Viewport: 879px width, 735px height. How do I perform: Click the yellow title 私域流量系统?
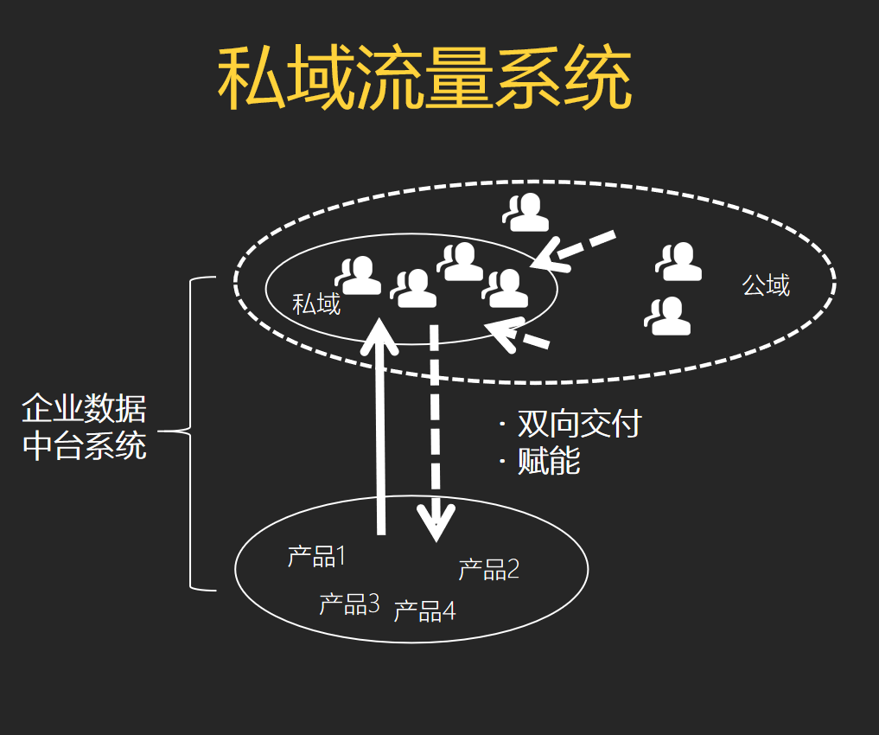click(424, 79)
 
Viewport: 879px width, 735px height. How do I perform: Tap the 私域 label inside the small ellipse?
click(316, 304)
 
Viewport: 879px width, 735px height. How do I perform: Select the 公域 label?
click(766, 284)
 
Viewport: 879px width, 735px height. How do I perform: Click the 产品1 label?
click(316, 556)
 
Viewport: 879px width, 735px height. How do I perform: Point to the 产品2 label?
click(488, 569)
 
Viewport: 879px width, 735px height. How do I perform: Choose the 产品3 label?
click(349, 604)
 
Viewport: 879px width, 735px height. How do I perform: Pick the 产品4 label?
click(424, 610)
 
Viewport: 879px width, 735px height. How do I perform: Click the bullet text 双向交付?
click(578, 424)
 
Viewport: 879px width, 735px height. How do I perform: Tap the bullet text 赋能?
click(548, 461)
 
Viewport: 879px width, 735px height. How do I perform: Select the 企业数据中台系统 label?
click(84, 426)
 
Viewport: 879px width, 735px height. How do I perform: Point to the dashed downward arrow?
click(435, 432)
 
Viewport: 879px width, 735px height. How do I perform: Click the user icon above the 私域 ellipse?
click(527, 213)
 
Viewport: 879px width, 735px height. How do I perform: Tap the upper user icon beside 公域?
click(679, 262)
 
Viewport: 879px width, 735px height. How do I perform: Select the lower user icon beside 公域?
click(669, 316)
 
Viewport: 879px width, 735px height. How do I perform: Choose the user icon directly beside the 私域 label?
click(359, 276)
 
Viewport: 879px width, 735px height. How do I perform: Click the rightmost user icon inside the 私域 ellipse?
click(506, 288)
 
